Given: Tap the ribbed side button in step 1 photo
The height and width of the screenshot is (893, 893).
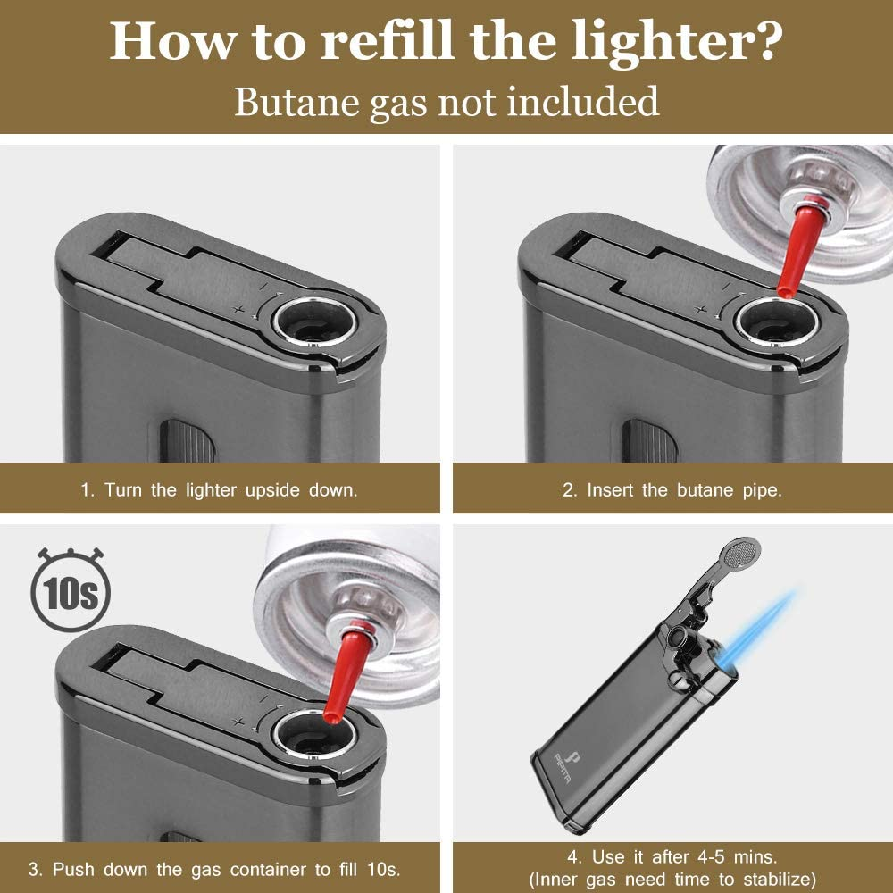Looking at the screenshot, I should point(188,443).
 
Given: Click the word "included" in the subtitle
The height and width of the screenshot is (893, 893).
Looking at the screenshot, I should point(584,101).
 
